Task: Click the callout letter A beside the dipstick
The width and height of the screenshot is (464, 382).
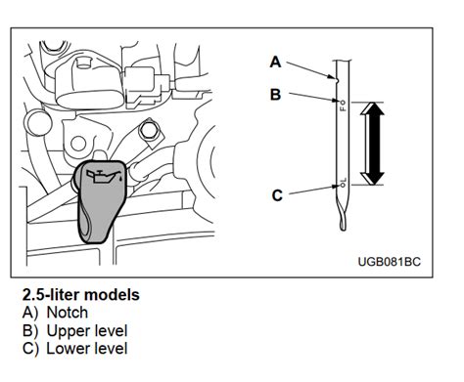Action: point(275,62)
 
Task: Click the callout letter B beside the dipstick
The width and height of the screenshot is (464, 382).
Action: point(276,95)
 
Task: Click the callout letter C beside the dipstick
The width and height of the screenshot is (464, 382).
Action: point(277,195)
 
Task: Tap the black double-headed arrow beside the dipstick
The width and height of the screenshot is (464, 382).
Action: point(372,144)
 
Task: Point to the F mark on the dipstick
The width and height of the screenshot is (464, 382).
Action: point(343,108)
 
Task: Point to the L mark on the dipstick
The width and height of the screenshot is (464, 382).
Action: point(343,180)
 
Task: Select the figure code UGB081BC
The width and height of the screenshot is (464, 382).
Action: point(390,262)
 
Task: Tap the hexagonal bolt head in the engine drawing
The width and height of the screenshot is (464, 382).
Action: point(150,130)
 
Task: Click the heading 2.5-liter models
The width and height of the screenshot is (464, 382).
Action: point(81,295)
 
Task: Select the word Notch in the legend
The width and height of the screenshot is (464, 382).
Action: point(68,313)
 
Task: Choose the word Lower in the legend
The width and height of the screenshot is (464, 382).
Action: point(67,349)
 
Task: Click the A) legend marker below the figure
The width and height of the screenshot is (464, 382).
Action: point(30,313)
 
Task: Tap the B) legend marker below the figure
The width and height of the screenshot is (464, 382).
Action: point(30,331)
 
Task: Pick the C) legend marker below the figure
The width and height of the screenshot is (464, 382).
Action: point(30,349)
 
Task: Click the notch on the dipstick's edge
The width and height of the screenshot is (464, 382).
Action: point(337,78)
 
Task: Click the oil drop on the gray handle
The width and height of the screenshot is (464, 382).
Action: point(121,179)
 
